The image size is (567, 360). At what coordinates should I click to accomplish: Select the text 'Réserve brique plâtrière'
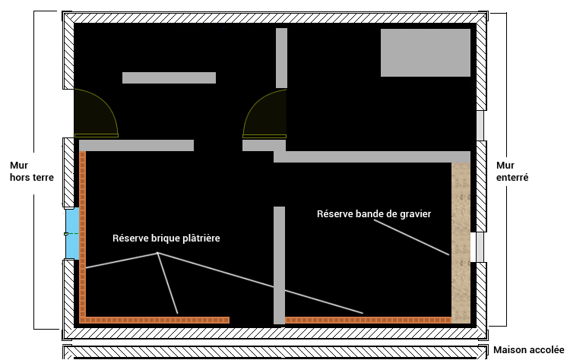166,238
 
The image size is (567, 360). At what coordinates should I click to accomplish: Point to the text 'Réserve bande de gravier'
374,214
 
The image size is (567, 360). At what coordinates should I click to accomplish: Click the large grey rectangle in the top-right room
426,52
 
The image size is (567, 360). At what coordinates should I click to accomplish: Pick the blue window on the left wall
71,233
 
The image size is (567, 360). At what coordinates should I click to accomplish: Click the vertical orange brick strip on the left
83,228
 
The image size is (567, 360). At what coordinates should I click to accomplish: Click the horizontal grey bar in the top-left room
169,77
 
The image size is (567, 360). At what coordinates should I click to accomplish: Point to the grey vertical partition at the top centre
281,58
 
